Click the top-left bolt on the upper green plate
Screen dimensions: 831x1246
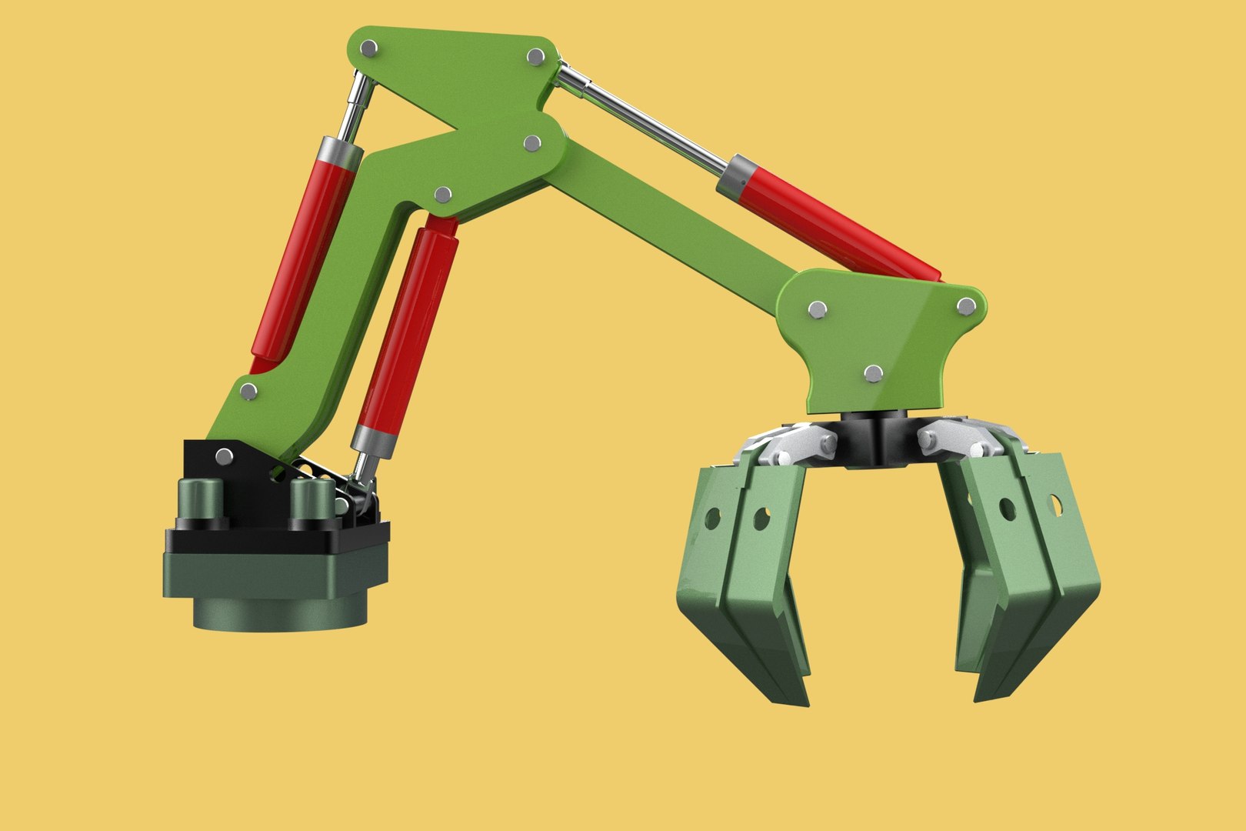[x=369, y=48]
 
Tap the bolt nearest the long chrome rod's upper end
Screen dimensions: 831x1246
[x=536, y=56]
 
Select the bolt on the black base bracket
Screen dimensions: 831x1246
[x=224, y=456]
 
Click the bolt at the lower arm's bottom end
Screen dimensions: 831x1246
[x=248, y=392]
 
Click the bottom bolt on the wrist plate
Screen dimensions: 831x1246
[x=871, y=374]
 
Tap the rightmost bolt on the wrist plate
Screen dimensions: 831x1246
[x=966, y=306]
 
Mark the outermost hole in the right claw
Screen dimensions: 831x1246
[x=1055, y=505]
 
